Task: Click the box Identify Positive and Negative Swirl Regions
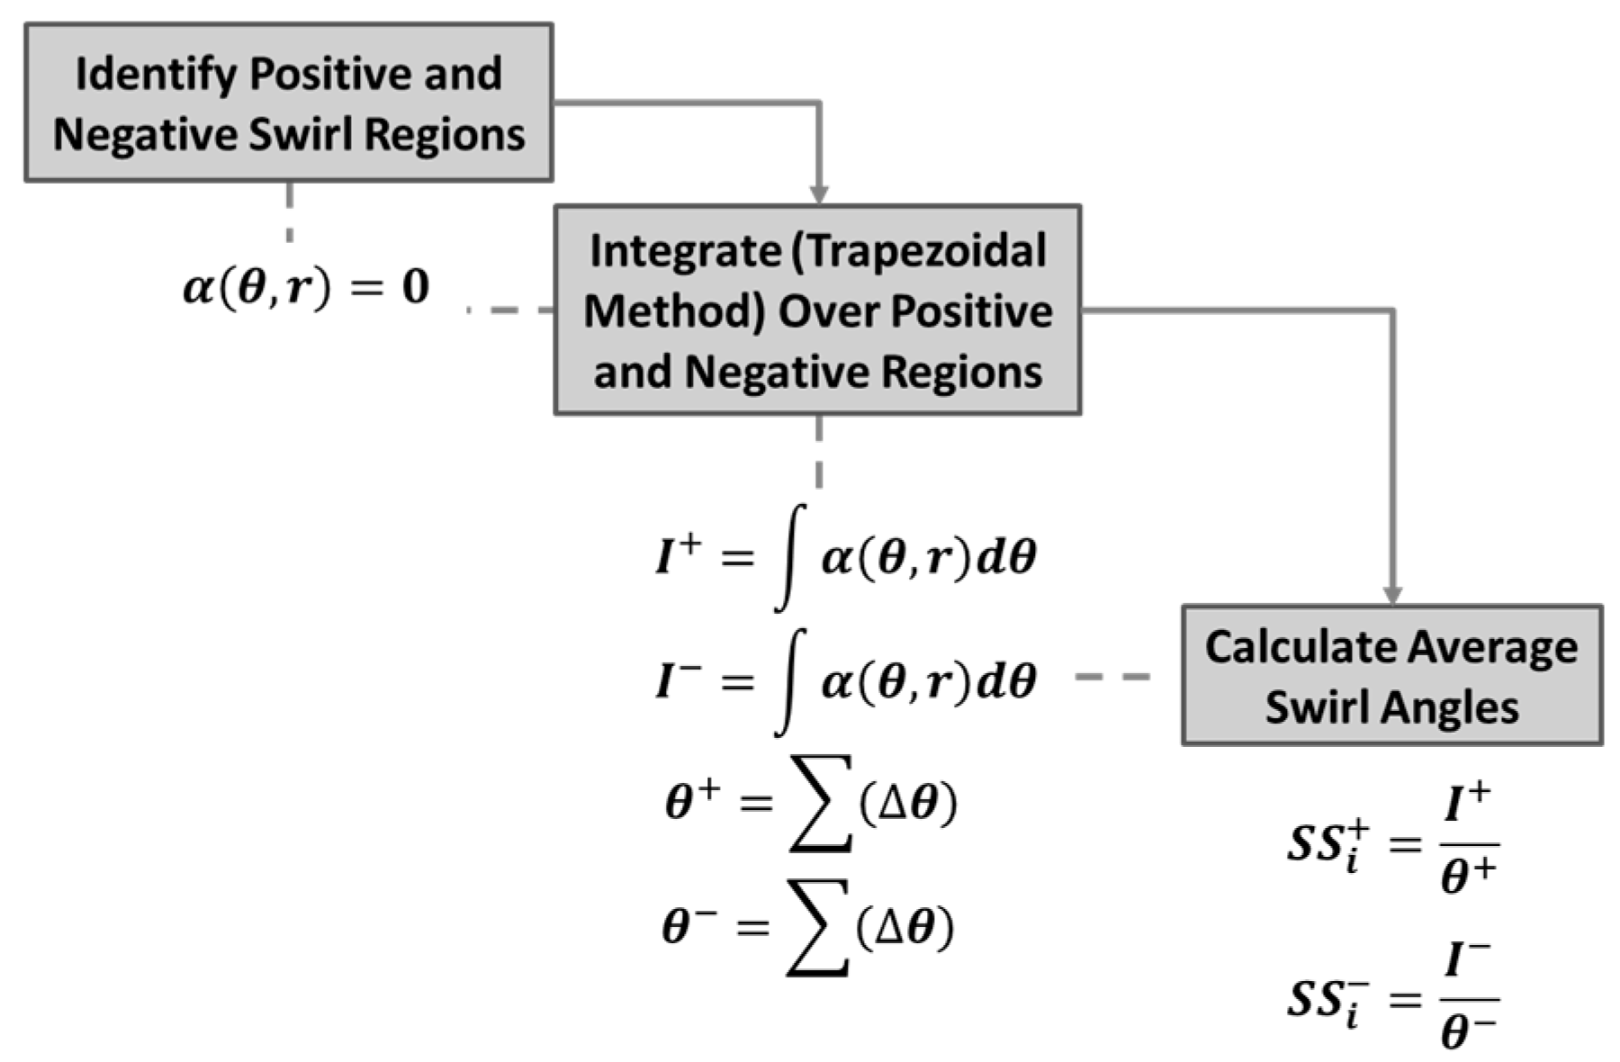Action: click(288, 103)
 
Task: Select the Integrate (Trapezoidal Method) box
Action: click(817, 310)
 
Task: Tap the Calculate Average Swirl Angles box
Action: click(1391, 675)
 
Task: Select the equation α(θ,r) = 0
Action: click(306, 288)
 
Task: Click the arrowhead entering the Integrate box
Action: click(818, 194)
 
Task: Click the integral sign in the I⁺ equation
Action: click(789, 558)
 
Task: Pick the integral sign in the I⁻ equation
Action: click(789, 681)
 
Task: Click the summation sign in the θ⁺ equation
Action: click(819, 803)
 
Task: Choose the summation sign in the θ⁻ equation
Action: click(817, 927)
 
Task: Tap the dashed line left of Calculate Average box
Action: click(1112, 676)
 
